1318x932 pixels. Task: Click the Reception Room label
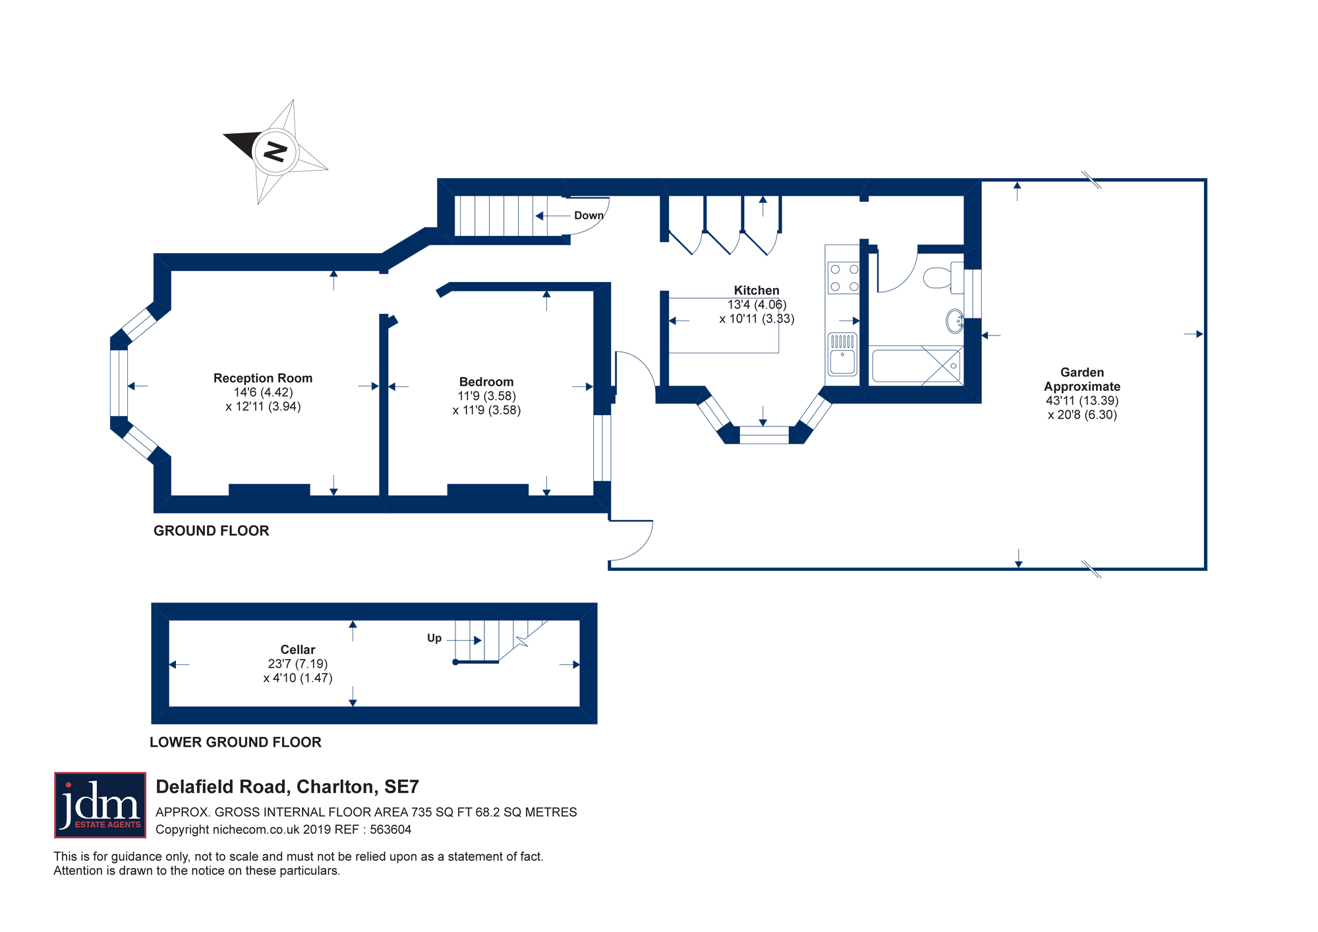coord(263,378)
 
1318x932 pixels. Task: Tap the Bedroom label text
coord(486,382)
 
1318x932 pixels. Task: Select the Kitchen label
coord(757,291)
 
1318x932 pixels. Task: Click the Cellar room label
coord(298,650)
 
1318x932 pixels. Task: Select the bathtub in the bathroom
coord(916,366)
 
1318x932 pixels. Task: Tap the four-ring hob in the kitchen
coord(844,277)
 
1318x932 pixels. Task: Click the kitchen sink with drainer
coord(843,355)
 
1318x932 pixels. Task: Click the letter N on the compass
coord(275,152)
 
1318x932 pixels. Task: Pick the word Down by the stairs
coord(588,216)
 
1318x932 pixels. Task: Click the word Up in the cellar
coord(434,638)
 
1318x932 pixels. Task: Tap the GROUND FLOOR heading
coord(212,531)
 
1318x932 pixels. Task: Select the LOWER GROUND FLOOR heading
coord(235,742)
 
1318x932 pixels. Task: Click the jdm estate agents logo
coord(100,805)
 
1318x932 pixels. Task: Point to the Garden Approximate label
coord(1082,380)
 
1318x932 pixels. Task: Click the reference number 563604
coord(390,830)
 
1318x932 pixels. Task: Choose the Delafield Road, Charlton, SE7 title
coord(287,787)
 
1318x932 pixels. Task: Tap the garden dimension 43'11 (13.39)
coord(1082,401)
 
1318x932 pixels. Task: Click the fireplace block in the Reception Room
coord(269,490)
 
